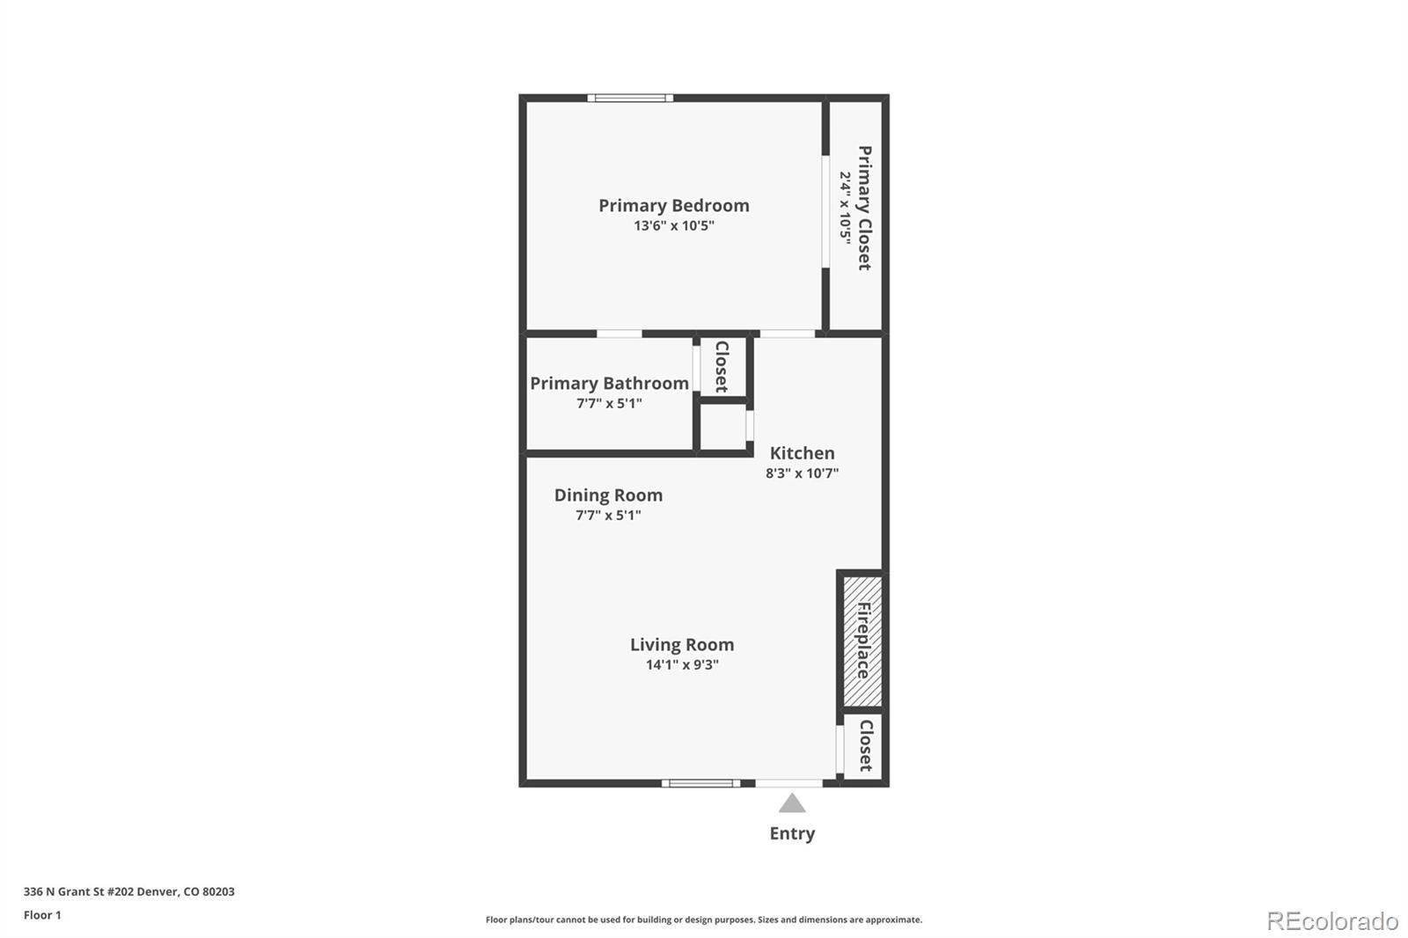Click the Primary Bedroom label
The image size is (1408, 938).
(x=673, y=205)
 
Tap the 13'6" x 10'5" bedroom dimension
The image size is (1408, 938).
(x=673, y=226)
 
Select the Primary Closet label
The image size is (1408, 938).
(x=864, y=208)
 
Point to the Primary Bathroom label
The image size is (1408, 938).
(x=609, y=383)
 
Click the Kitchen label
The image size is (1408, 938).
(x=802, y=453)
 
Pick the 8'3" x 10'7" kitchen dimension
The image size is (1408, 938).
(x=802, y=473)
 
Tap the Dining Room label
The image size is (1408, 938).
(x=608, y=495)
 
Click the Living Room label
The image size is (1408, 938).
(x=681, y=645)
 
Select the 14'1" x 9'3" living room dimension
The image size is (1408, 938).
(x=681, y=665)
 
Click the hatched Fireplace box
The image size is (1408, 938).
(x=862, y=641)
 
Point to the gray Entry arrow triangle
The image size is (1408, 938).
(x=792, y=803)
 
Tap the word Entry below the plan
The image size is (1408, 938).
(x=792, y=833)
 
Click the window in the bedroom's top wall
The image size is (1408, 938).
(x=630, y=98)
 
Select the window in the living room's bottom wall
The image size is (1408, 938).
(x=700, y=783)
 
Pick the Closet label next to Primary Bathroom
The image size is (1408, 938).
(x=722, y=366)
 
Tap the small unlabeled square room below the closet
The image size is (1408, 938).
(x=722, y=429)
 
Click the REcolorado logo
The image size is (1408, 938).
(x=1331, y=920)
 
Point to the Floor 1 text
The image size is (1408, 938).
(x=42, y=915)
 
